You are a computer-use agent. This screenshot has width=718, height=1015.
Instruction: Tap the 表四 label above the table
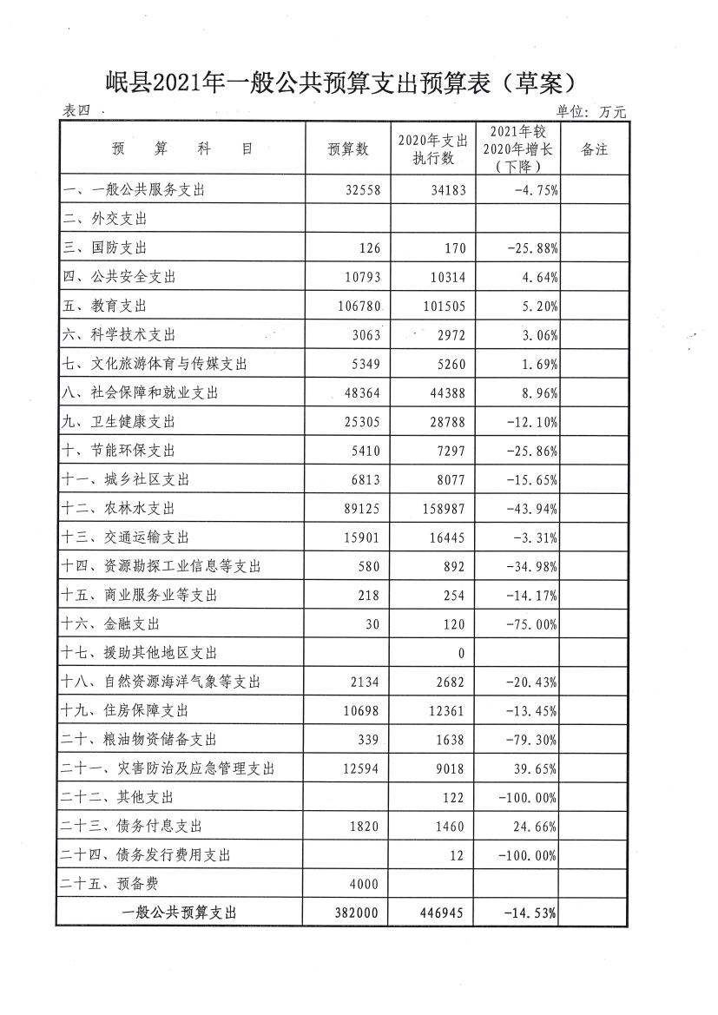77,111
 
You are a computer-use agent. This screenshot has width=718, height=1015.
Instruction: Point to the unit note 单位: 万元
590,111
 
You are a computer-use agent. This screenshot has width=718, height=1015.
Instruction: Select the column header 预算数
348,149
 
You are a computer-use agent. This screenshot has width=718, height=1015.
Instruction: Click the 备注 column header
594,149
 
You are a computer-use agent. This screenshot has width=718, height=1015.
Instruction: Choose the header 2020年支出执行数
432,149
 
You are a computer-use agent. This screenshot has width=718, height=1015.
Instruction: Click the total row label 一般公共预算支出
181,913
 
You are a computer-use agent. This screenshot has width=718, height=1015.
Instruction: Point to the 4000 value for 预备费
365,884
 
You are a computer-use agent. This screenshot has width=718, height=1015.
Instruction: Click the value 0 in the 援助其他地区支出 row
461,653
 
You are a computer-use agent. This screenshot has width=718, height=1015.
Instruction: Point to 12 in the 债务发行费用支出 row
458,855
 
